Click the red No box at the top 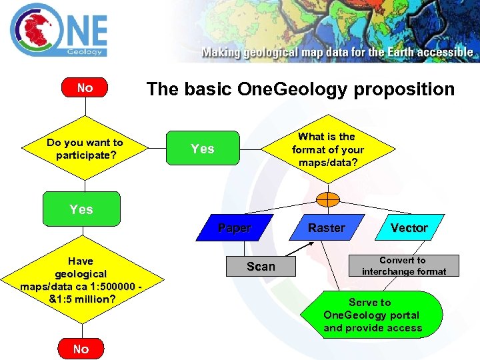coord(85,88)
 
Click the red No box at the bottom coord(81,349)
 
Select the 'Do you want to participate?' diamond coord(85,149)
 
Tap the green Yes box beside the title coord(203,149)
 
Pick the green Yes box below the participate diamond coord(81,209)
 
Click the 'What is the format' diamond coord(328,149)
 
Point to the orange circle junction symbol coord(328,199)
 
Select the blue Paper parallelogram coord(235,228)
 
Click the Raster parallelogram coord(326,228)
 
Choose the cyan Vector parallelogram coord(409,228)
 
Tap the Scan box coord(261,267)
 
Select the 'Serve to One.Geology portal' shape coord(373,315)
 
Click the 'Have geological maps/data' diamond coord(81,280)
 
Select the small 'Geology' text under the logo coord(85,51)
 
